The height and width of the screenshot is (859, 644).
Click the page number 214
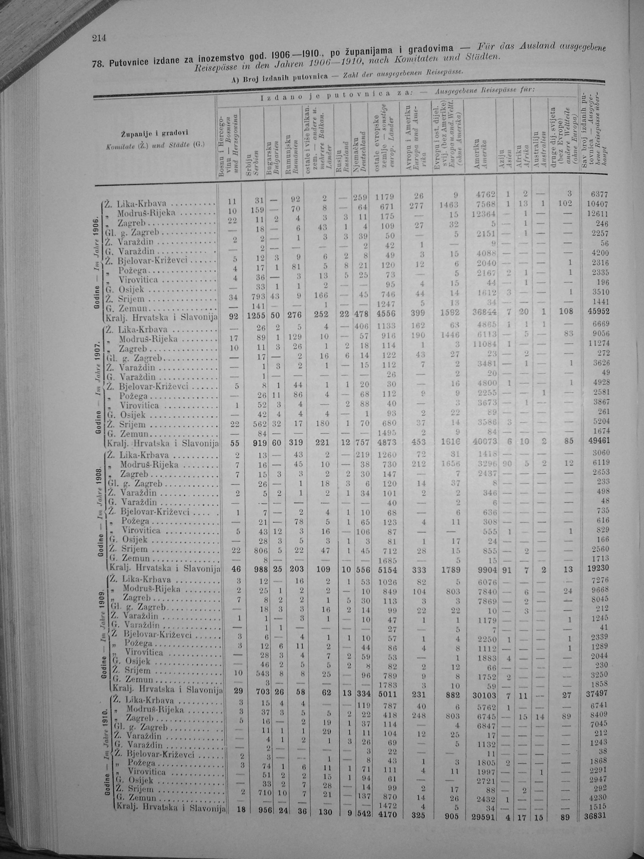99,38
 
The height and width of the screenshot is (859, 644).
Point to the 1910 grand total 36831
595,816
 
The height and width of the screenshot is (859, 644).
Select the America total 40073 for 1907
482,441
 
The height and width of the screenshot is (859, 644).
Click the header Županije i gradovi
155,134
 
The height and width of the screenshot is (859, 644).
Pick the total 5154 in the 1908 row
386,569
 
